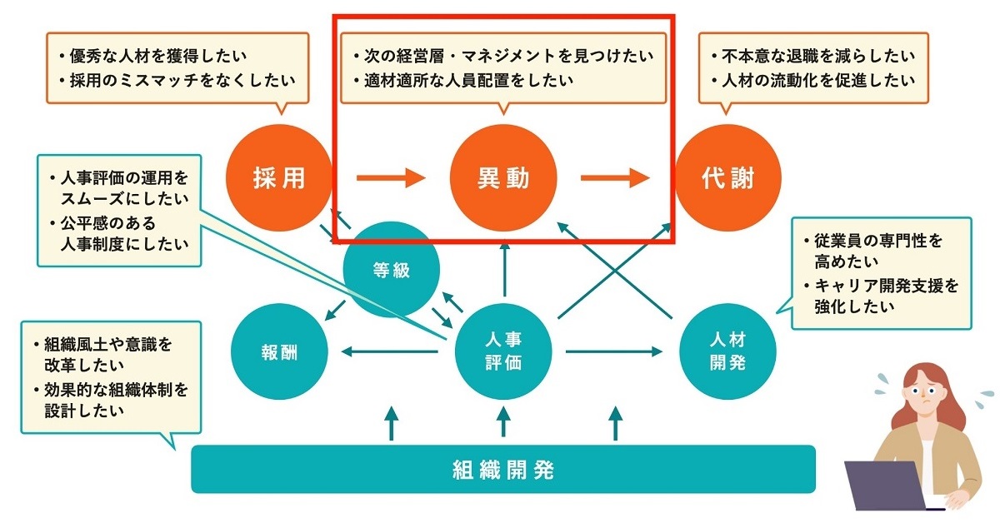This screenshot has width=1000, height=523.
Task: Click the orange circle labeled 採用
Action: pos(278,178)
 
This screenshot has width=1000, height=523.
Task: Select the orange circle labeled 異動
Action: pos(503,178)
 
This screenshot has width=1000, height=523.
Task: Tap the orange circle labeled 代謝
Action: pos(727,178)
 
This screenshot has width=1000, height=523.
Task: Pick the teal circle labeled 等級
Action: pos(392,269)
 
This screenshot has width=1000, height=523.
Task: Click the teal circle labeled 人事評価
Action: pos(503,351)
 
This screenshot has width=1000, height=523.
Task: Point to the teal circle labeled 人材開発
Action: pos(727,351)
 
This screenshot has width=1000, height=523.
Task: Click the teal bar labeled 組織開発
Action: pos(503,470)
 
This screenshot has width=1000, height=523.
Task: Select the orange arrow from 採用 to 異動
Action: pos(390,177)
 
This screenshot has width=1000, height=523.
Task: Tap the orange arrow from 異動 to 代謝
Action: pos(615,177)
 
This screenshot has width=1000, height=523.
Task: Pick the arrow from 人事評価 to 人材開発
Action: pos(615,351)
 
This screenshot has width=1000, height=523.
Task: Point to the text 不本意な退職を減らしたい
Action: pos(813,57)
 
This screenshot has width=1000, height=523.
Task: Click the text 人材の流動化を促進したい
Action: pos(813,81)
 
